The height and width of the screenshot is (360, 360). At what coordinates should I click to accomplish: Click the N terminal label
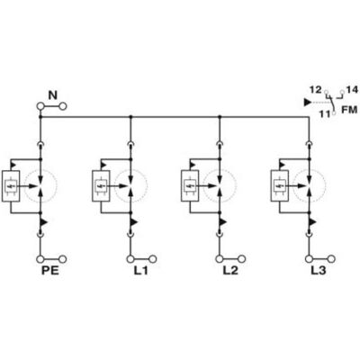pyautogui.click(x=53, y=95)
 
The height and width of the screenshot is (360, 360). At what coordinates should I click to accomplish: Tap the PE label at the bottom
pyautogui.click(x=49, y=271)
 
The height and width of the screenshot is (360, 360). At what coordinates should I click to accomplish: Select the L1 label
pyautogui.click(x=140, y=271)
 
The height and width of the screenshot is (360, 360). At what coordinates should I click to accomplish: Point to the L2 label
pyautogui.click(x=230, y=271)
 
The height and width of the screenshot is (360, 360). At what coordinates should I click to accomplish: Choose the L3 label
pyautogui.click(x=318, y=271)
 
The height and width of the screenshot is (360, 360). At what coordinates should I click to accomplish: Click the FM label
pyautogui.click(x=349, y=110)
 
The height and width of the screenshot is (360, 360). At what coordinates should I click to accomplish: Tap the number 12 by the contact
pyautogui.click(x=316, y=90)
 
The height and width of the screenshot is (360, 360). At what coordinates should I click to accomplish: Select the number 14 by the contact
pyautogui.click(x=352, y=89)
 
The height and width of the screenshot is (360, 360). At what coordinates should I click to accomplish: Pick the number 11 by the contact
pyautogui.click(x=324, y=114)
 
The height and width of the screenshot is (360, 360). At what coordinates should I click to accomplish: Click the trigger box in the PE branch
pyautogui.click(x=11, y=186)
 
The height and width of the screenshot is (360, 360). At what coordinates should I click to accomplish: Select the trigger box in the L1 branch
pyautogui.click(x=101, y=186)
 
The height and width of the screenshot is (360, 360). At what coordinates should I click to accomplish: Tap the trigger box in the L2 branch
pyautogui.click(x=190, y=186)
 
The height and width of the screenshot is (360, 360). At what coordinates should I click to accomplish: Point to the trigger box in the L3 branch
pyautogui.click(x=280, y=186)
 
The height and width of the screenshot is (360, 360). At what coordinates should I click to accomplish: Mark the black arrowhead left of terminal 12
pyautogui.click(x=308, y=103)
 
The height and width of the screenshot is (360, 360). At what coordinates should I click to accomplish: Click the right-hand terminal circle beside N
pyautogui.click(x=62, y=106)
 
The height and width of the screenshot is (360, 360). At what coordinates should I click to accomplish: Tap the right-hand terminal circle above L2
pyautogui.click(x=242, y=259)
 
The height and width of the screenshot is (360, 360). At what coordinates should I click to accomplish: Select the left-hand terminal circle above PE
pyautogui.click(x=40, y=259)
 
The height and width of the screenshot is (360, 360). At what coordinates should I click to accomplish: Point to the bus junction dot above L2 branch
pyautogui.click(x=220, y=116)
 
